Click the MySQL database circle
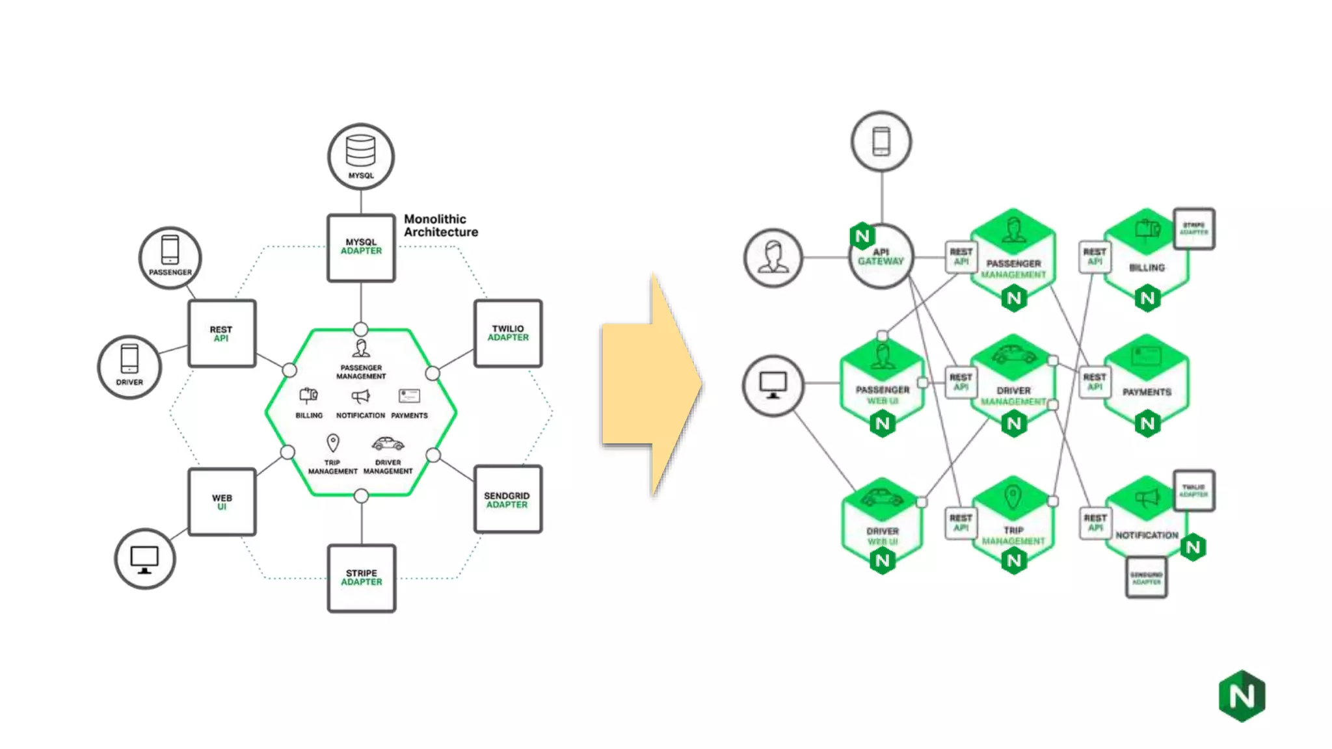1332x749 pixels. (361, 157)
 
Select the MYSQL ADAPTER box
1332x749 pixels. (361, 248)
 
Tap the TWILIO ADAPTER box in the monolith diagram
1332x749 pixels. (508, 334)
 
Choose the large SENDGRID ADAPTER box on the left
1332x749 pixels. (507, 499)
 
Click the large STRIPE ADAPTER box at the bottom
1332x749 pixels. (362, 578)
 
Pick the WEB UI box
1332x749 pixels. (222, 502)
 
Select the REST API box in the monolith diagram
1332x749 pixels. (222, 334)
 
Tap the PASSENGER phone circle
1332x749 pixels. (170, 257)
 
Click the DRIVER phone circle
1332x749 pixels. (129, 367)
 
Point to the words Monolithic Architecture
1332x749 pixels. (440, 226)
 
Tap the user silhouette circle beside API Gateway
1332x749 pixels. (773, 258)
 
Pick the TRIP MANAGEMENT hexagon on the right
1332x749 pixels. (1013, 520)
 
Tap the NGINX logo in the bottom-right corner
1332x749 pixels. (1242, 696)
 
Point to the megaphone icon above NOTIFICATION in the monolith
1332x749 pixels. (360, 396)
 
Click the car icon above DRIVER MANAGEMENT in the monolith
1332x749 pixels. (388, 444)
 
